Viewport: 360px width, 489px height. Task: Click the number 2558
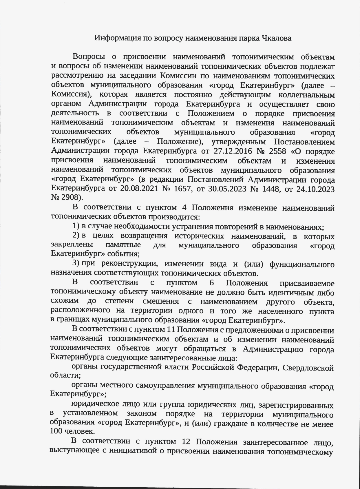(x=278, y=151)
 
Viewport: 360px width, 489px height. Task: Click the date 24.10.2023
(x=315, y=189)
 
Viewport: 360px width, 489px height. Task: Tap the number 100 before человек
(x=56, y=431)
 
